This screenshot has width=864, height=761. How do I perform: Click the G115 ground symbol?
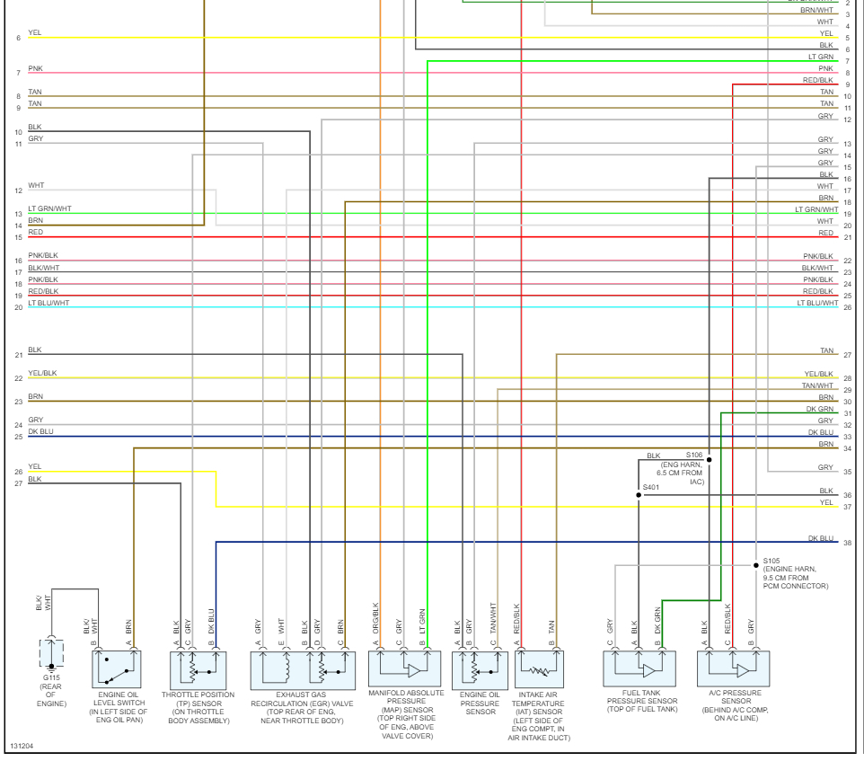pyautogui.click(x=51, y=666)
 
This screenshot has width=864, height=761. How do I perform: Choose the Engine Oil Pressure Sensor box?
pyautogui.click(x=480, y=669)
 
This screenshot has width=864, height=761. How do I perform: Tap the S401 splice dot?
pyautogui.click(x=639, y=495)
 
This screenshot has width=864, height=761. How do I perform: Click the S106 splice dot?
pyautogui.click(x=709, y=459)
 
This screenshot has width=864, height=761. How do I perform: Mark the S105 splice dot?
pyautogui.click(x=756, y=565)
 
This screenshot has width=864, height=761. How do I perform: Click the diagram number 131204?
pyautogui.click(x=22, y=747)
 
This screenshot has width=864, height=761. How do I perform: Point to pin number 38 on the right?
pyautogui.click(x=847, y=543)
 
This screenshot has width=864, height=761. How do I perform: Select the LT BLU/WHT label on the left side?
pyautogui.click(x=48, y=304)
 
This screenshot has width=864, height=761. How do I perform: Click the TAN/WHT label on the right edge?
pyautogui.click(x=817, y=386)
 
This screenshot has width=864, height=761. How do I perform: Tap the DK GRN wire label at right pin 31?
pyautogui.click(x=819, y=410)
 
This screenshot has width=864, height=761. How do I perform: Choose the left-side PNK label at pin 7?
pyautogui.click(x=35, y=68)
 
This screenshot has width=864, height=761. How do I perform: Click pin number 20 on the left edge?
pyautogui.click(x=18, y=307)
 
